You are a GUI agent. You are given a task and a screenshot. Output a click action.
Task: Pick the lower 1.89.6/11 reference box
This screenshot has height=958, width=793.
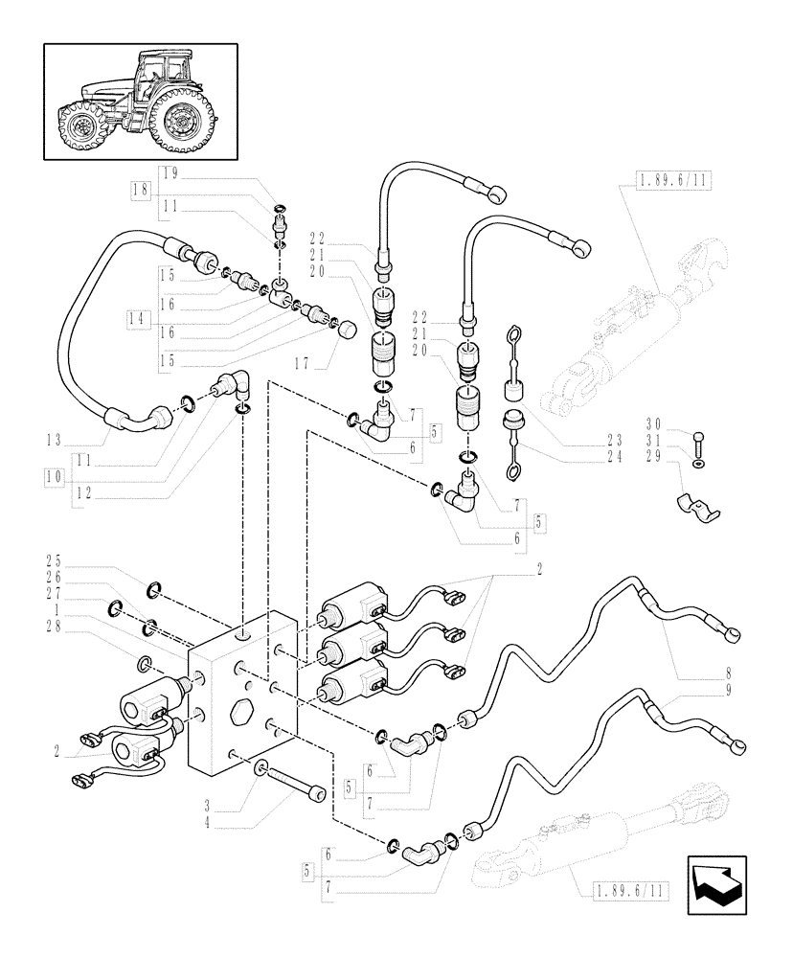tap(623, 890)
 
